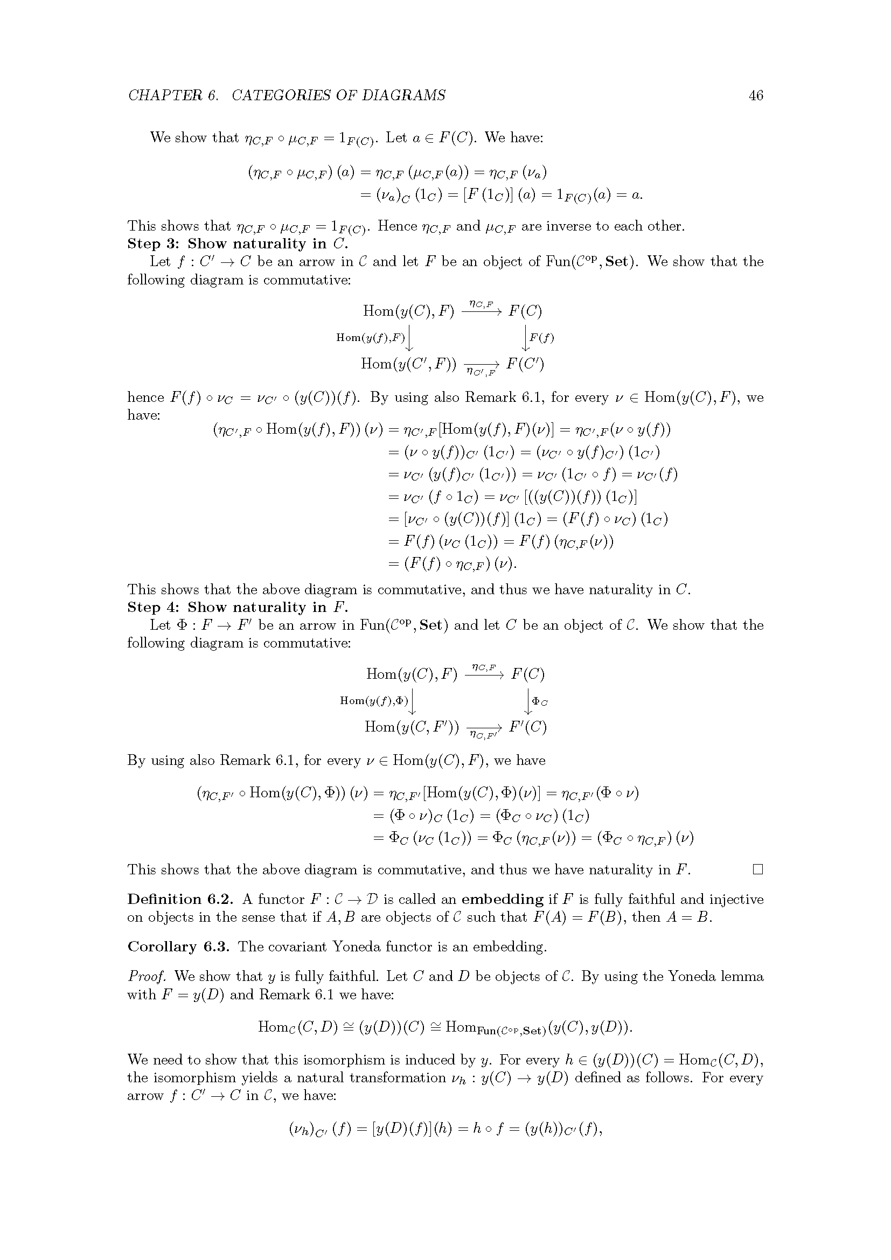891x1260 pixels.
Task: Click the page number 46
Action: coord(755,95)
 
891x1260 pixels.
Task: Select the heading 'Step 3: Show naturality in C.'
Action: coord(238,243)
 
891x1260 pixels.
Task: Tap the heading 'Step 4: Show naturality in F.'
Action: coord(238,607)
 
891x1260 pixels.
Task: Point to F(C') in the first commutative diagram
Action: coord(525,364)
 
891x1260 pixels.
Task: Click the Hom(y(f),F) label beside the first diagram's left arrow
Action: coord(370,338)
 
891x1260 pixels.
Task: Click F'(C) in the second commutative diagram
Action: coord(528,727)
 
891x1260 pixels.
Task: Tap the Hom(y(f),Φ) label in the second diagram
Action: coord(375,700)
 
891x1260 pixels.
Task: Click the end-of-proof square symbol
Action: coord(758,869)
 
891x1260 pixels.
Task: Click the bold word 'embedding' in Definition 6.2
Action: coord(502,900)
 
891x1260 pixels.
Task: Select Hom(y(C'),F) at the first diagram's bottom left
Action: coord(408,364)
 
